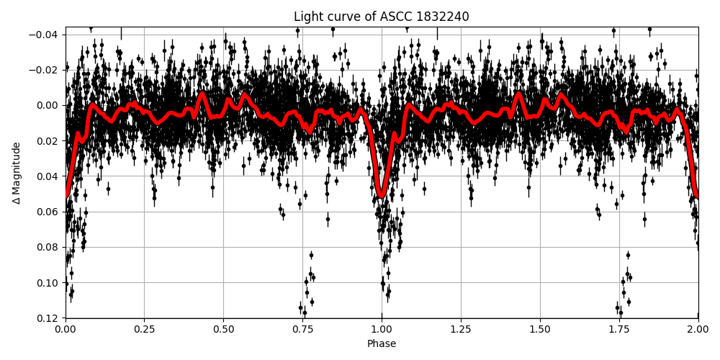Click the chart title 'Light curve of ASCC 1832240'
tap(381, 17)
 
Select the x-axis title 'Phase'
tap(382, 344)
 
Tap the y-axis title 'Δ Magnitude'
tap(17, 173)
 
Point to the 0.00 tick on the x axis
tap(66, 330)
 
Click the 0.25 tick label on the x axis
tap(144, 330)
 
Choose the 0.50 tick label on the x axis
tap(223, 330)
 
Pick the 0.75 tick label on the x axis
tap(302, 330)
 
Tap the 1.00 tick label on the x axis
tap(382, 330)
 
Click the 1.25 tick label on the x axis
tap(461, 330)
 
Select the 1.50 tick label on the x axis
tap(540, 330)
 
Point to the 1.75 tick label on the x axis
tap(619, 330)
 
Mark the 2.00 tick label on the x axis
tap(698, 330)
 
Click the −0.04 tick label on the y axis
tap(45, 35)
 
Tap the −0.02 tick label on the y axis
tap(45, 70)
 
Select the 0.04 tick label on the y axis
tap(48, 176)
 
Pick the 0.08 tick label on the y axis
tap(48, 247)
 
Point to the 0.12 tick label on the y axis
tap(48, 318)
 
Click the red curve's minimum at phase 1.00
tap(382, 194)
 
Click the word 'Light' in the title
tap(308, 17)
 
